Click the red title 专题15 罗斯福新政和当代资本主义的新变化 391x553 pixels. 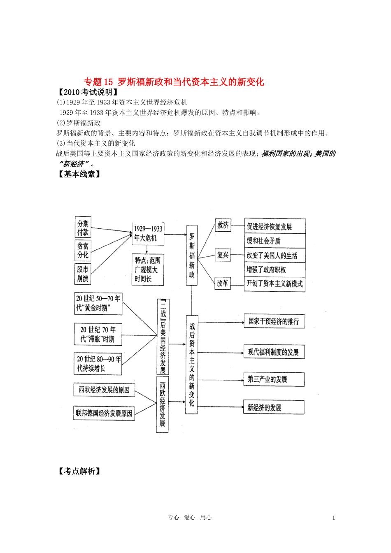[x=174, y=82]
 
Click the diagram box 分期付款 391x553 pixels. [x=83, y=228]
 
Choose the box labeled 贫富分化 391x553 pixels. [x=83, y=250]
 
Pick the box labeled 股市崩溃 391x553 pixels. [x=83, y=274]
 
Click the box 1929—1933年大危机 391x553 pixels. [x=148, y=233]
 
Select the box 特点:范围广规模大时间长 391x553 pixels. [x=148, y=270]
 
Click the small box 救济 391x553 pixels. [x=223, y=225]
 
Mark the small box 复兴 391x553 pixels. [x=223, y=255]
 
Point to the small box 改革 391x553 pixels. [x=223, y=283]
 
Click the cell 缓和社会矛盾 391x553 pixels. [x=275, y=241]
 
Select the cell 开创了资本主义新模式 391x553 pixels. [x=275, y=284]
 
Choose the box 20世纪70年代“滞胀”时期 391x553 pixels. [x=98, y=334]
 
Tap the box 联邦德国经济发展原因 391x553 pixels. [x=104, y=413]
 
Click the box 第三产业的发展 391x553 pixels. [x=274, y=379]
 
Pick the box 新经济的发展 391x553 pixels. [x=274, y=407]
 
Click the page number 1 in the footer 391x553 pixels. [x=333, y=518]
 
